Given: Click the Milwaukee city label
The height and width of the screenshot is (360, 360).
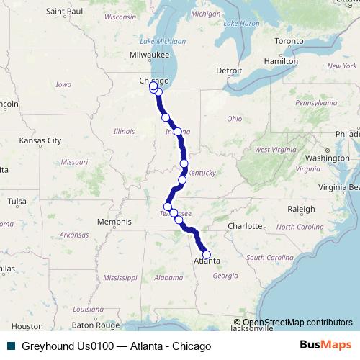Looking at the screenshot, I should click(x=150, y=55).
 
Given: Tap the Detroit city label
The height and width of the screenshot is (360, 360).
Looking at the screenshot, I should click(x=229, y=71).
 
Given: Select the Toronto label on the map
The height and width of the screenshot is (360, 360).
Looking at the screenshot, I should click(x=289, y=41).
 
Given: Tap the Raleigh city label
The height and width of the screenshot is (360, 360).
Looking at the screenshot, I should click(x=301, y=209).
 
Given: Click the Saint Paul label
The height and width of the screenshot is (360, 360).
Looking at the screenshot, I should click(x=65, y=12).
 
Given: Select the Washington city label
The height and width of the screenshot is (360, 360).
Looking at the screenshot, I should click(x=326, y=157).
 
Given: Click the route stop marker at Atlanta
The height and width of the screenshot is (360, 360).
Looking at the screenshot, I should click(x=207, y=254).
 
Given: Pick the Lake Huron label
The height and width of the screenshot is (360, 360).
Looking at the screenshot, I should click(x=240, y=24).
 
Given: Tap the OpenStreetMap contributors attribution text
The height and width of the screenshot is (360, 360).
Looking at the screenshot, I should click(x=297, y=322).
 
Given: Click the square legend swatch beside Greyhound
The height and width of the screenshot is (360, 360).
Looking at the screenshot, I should click(x=11, y=346).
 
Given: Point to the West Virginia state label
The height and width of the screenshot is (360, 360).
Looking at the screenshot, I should click(x=271, y=150).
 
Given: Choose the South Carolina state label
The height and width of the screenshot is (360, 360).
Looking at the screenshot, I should click(x=271, y=257).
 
